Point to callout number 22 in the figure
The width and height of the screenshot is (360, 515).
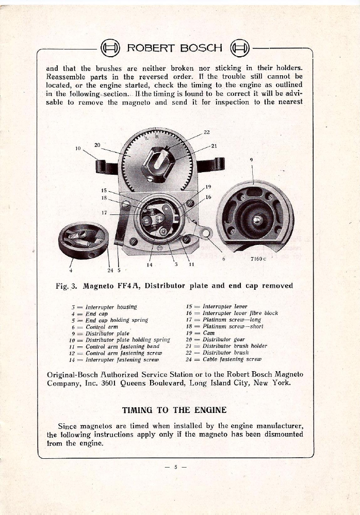click(206, 133)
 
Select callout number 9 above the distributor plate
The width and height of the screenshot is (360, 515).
click(251, 160)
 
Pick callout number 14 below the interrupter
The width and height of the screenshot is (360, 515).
click(149, 264)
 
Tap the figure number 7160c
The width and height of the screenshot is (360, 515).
click(257, 259)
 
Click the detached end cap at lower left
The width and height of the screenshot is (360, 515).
click(84, 243)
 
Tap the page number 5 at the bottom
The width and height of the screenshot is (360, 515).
click(175, 468)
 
